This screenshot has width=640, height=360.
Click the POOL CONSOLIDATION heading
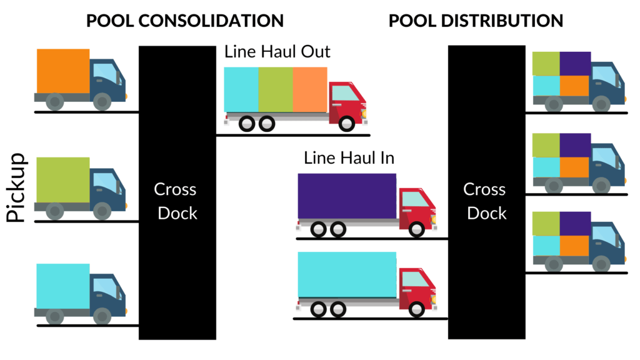[184, 20]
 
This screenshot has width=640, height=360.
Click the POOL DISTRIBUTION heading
[476, 20]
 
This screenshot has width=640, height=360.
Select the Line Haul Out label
[277, 52]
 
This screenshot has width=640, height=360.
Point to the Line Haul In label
[349, 157]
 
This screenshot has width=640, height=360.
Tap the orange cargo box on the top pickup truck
[63, 71]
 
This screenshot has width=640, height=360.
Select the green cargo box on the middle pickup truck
[62, 179]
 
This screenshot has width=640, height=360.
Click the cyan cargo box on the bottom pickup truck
[62, 286]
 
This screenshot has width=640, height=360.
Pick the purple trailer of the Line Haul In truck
[347, 196]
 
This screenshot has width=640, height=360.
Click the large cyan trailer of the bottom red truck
[347, 274]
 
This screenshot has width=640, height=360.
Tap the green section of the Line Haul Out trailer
[275, 89]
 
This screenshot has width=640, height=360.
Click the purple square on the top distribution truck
[575, 64]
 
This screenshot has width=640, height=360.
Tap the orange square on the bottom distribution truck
[575, 246]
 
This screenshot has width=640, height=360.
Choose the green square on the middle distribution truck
[546, 145]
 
